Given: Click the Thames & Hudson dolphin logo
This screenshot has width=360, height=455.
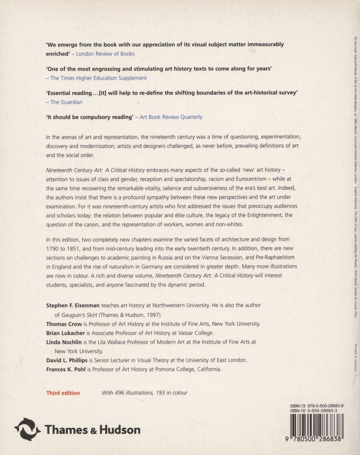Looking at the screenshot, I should tap(27, 429).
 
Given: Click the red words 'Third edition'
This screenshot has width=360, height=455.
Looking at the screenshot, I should tap(63, 393).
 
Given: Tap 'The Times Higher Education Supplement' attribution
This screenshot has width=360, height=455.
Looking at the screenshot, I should tap(99, 78).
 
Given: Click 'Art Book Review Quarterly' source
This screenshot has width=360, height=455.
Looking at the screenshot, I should tap(171, 117).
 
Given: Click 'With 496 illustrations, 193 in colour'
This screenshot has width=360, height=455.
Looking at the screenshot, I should tap(145, 393).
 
